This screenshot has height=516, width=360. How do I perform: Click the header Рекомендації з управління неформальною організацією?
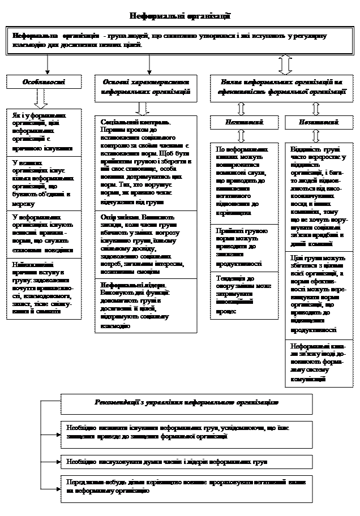(x=186, y=402)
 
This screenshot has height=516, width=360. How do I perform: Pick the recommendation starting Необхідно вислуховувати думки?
(x=186, y=462)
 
